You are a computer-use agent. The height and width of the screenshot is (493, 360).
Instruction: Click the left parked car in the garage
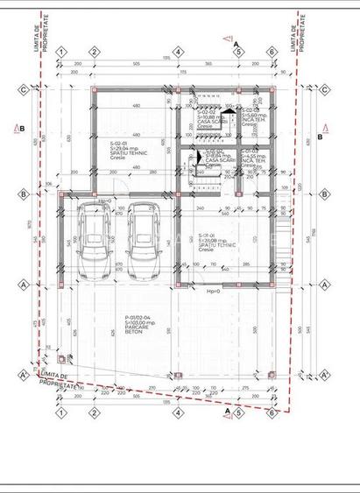(91, 241)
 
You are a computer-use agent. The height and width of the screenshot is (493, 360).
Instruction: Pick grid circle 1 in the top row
(61, 52)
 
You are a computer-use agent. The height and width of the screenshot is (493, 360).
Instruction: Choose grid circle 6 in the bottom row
(272, 411)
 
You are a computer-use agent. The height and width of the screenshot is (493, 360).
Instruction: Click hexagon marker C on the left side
(22, 88)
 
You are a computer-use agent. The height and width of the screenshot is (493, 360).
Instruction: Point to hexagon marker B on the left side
(22, 194)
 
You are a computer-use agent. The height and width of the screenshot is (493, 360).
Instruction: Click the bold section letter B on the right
(320, 137)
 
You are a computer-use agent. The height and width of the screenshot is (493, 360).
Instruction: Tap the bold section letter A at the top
(236, 43)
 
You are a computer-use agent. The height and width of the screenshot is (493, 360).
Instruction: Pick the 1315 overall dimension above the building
(166, 59)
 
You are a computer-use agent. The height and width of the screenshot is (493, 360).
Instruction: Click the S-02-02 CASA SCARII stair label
(210, 117)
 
